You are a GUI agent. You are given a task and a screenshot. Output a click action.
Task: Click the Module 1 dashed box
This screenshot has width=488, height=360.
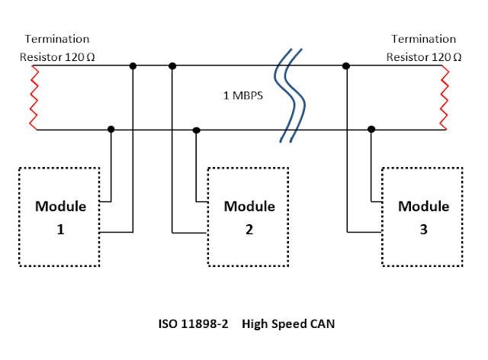click(61, 215)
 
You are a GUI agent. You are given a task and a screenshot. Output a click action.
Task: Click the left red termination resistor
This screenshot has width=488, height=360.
click(33, 98)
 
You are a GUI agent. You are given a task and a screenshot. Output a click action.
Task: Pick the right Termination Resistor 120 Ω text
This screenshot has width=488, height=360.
click(423, 47)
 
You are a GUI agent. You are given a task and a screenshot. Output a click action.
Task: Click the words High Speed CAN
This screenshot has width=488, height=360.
click(288, 324)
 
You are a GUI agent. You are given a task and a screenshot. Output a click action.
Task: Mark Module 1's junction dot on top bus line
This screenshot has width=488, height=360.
click(133, 66)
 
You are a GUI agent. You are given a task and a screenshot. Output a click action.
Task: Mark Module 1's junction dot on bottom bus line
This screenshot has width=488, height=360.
click(111, 130)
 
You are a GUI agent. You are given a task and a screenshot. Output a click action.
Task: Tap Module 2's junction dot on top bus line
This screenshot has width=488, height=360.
click(172, 66)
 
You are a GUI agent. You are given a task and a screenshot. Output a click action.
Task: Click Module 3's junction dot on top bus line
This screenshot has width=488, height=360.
click(347, 66)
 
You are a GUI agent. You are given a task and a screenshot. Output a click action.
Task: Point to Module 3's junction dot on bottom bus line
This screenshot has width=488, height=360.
click(371, 130)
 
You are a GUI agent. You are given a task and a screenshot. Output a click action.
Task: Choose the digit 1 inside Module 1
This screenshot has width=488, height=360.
click(61, 227)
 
